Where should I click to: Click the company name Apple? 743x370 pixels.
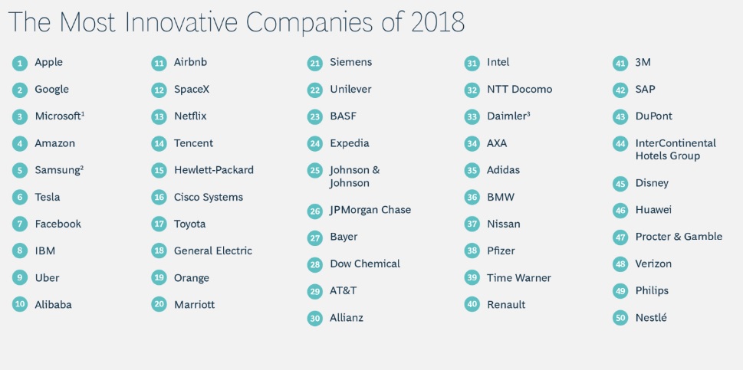(x=49, y=63)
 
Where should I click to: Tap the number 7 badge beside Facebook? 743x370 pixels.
(x=20, y=224)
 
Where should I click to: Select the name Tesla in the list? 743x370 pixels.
(x=48, y=198)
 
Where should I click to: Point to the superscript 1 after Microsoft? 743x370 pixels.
(x=83, y=113)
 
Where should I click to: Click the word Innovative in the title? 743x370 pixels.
(x=181, y=21)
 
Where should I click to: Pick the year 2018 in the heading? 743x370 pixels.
(x=438, y=21)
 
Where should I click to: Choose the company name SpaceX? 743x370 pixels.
(x=192, y=90)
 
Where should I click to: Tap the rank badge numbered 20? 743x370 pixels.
(x=159, y=305)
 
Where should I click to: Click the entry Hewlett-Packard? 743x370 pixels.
(x=214, y=170)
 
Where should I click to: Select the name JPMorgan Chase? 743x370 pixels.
(x=370, y=210)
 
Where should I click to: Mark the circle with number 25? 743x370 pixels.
(x=314, y=170)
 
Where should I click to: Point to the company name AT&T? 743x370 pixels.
(x=343, y=291)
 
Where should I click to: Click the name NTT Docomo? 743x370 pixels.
(x=519, y=90)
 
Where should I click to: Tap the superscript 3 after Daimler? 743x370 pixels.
(x=528, y=113)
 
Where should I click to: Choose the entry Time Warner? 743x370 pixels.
(x=519, y=278)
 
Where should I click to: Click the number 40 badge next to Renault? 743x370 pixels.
(x=472, y=305)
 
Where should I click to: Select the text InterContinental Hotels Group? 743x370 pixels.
(x=676, y=149)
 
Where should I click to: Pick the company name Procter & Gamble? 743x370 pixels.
(x=679, y=237)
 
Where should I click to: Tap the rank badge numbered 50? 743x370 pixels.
(x=620, y=318)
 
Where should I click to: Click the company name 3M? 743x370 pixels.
(x=643, y=63)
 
